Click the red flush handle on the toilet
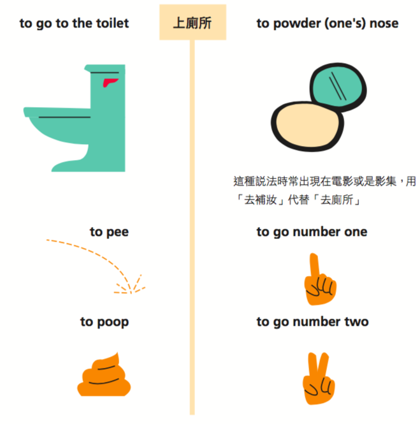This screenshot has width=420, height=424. pos(110,82)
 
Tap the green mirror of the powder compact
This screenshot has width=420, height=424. pos(338,87)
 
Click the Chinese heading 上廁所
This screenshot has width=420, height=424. pos(192,23)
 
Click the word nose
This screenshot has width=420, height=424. pos(384,24)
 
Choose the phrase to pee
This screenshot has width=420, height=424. pos(109,232)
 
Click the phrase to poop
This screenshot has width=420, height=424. pos(105,322)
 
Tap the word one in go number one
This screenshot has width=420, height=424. pos(356,232)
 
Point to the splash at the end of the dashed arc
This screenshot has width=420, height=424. pos(130,286)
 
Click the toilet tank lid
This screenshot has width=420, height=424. pos(105,68)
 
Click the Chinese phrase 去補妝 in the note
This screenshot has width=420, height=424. pos(261,200)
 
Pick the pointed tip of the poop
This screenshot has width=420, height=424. pos(117,353)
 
